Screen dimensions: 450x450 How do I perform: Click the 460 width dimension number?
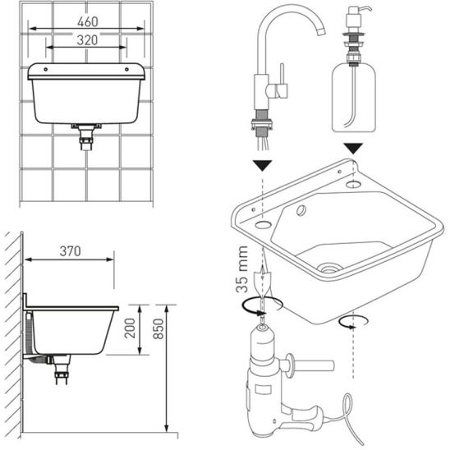(88, 21)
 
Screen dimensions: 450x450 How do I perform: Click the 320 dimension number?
(87, 40)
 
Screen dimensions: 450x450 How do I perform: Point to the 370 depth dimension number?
(70, 251)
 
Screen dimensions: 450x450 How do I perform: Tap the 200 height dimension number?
(130, 328)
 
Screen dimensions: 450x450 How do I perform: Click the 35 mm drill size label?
(241, 269)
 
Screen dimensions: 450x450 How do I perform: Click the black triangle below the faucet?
(262, 166)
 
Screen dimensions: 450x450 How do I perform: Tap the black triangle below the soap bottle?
(353, 149)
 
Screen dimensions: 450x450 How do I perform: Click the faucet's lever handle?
(282, 80)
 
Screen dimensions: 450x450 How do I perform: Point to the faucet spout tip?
(322, 31)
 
